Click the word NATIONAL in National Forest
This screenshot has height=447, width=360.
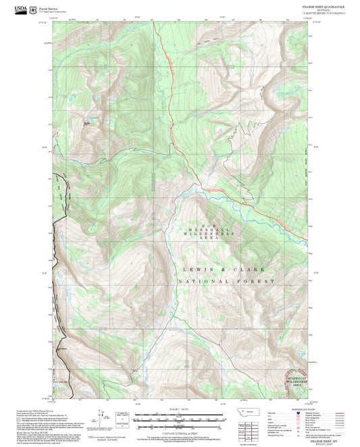coord(201,280)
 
